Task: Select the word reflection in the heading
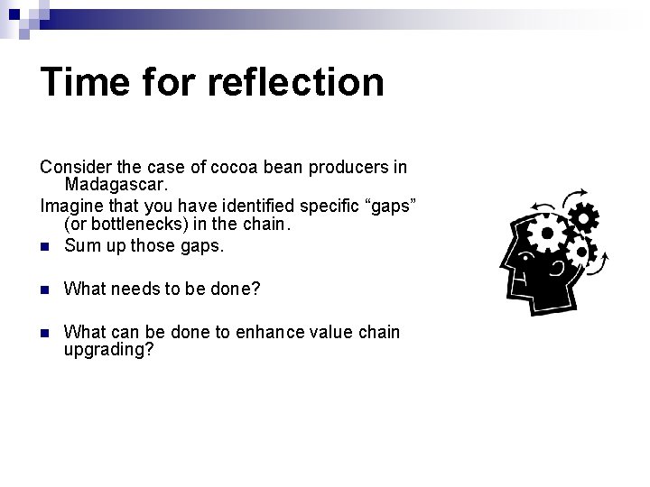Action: click(x=295, y=81)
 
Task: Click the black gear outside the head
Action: click(x=583, y=218)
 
